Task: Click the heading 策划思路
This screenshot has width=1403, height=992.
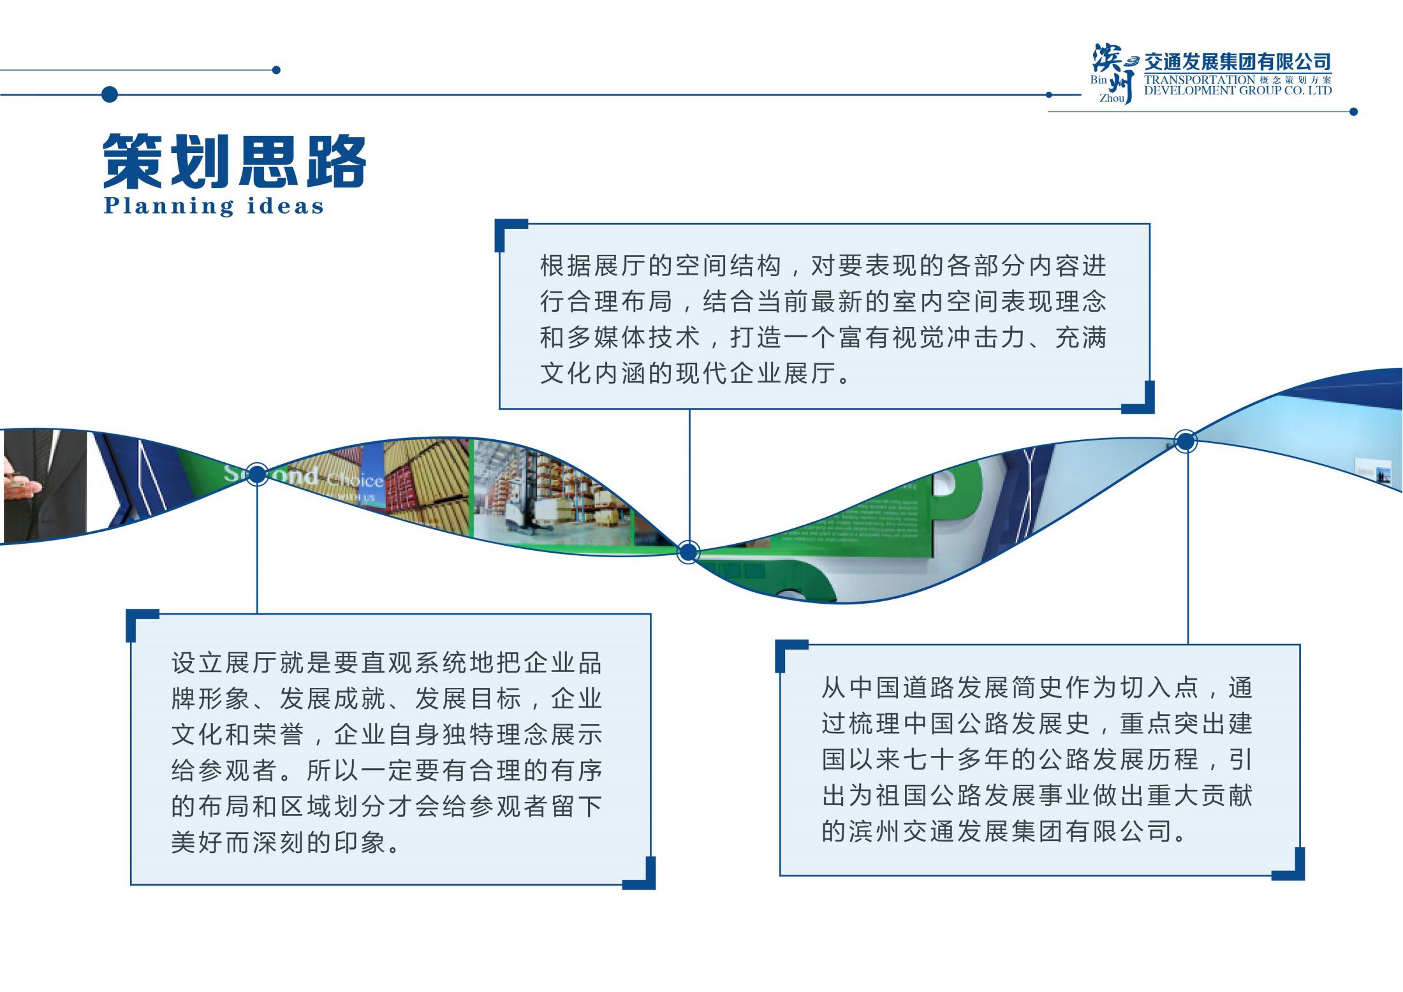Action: click(x=235, y=161)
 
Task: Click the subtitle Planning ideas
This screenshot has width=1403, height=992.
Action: click(x=214, y=206)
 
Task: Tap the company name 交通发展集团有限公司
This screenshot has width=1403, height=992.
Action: click(x=1237, y=62)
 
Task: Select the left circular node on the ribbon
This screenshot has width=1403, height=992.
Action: click(x=256, y=474)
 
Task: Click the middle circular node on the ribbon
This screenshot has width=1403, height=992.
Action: click(x=688, y=552)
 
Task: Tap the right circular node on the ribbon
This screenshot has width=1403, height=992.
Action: click(x=1186, y=441)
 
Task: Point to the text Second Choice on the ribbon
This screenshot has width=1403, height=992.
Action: click(x=303, y=477)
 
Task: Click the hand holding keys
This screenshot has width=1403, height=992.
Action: click(x=19, y=488)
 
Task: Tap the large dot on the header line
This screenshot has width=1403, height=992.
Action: click(x=110, y=94)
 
